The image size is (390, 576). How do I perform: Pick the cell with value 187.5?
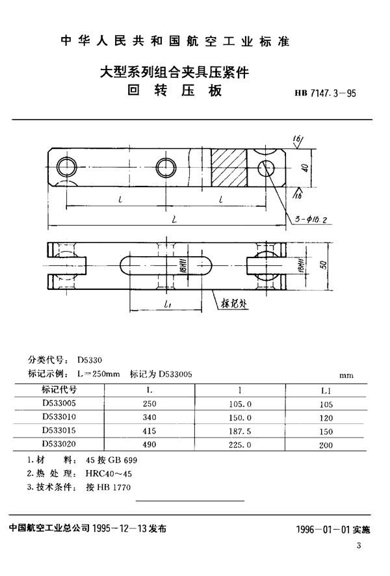[240, 431]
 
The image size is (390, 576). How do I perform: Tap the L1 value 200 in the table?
[326, 445]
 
